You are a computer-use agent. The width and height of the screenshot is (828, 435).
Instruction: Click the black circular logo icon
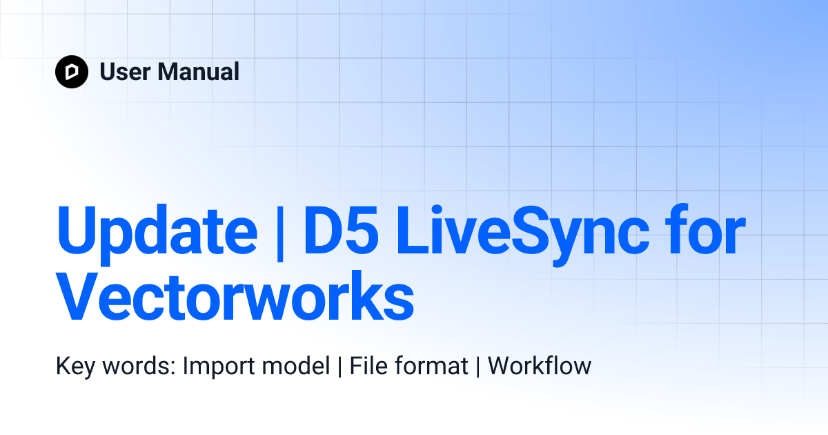coord(72,72)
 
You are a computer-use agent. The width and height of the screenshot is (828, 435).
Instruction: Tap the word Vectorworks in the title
coord(235,296)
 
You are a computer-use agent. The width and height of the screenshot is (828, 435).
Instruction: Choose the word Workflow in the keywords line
coord(540,366)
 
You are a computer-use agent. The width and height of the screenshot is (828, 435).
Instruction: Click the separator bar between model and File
coord(339,366)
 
